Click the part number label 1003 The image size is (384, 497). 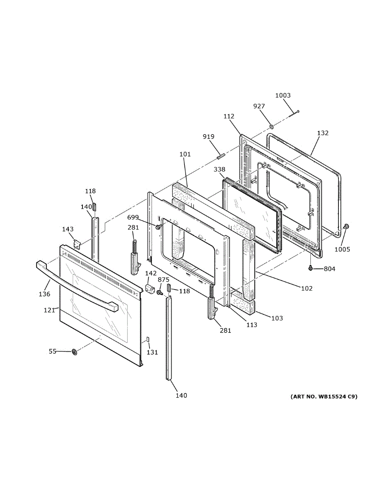click(283, 95)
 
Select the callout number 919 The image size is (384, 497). click(209, 137)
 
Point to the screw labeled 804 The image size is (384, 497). click(310, 268)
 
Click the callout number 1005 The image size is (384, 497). click(342, 249)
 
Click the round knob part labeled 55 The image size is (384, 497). click(74, 352)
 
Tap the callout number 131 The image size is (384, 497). click(152, 352)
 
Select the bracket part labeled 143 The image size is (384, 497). click(77, 244)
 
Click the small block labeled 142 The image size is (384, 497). click(150, 288)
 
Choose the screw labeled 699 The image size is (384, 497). click(158, 227)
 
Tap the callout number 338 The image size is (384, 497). click(220, 169)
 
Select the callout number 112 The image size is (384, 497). click(229, 116)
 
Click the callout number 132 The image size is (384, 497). click(323, 133)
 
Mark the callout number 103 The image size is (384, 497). click(277, 318)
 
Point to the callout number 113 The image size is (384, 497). click(251, 325)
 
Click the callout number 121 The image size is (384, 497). click(49, 310)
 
